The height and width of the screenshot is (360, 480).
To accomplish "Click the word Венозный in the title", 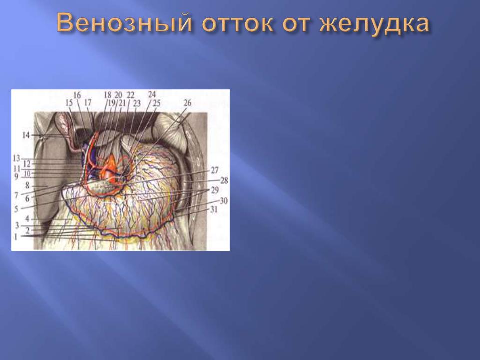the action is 124,23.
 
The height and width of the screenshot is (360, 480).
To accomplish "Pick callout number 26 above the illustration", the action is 187,103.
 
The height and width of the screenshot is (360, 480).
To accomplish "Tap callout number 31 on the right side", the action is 214,209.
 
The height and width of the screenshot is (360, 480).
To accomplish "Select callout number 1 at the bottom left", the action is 16,237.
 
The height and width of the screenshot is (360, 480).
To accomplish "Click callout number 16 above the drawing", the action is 77,95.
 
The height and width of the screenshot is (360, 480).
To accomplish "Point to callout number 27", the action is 214,170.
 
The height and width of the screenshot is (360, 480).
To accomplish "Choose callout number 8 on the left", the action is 27,185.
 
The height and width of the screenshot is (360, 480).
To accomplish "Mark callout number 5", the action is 16,209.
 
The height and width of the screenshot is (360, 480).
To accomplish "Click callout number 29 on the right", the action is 215,190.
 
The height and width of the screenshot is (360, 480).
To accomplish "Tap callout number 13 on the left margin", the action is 17,158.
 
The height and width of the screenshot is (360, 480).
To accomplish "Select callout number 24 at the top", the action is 152,94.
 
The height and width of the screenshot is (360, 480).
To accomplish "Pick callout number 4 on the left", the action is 27,219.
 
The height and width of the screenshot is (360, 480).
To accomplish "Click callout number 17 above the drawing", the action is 88,103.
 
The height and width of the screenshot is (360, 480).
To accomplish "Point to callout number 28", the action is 224,180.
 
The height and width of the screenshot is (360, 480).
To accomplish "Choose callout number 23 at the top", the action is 137,103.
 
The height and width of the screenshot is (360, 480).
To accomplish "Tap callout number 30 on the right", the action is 224,201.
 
